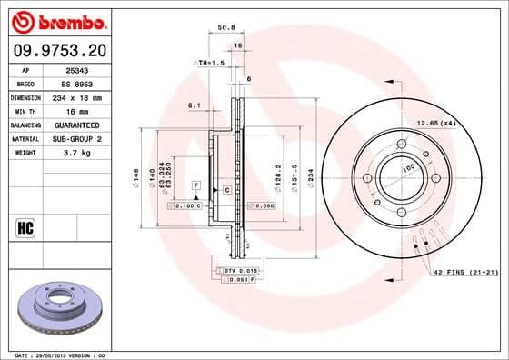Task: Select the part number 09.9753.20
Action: tap(58, 50)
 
